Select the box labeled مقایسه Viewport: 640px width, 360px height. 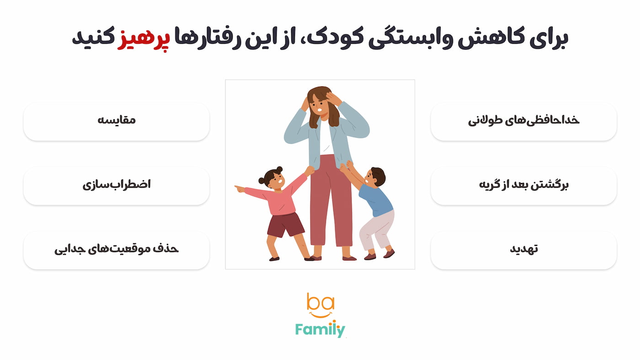[116, 121]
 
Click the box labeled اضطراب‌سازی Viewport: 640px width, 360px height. [116, 185]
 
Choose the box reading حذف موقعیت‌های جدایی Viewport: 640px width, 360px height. [116, 250]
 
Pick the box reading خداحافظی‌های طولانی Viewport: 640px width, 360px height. [523, 121]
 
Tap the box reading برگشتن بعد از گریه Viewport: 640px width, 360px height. [523, 185]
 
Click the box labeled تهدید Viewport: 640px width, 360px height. [523, 250]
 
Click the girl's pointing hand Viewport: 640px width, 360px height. [239, 188]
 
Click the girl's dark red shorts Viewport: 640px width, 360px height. [285, 224]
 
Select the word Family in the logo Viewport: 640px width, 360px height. [320, 329]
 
